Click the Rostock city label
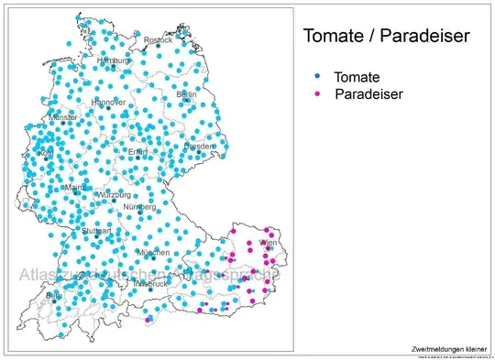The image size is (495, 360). coord(158,39)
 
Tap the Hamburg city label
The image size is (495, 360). coord(114,61)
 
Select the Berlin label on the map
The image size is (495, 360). coord(186,94)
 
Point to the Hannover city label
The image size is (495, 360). coord(107,102)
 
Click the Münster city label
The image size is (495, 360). coord(63,118)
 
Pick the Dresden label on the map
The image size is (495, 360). coord(199,146)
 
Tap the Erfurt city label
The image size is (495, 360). coord(137,151)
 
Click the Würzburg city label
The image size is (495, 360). coord(114,195)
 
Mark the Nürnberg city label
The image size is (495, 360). coord(140,207)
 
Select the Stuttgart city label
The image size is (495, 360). coord(96,231)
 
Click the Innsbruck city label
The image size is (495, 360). coord(151,283)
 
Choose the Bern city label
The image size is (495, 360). coord(54,296)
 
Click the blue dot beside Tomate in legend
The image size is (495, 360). coord(317,80)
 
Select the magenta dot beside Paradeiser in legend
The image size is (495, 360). coord(317,93)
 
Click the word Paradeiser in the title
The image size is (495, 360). coord(423,37)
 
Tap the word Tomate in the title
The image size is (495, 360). coord(335,37)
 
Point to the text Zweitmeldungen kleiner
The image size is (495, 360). coord(450,349)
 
